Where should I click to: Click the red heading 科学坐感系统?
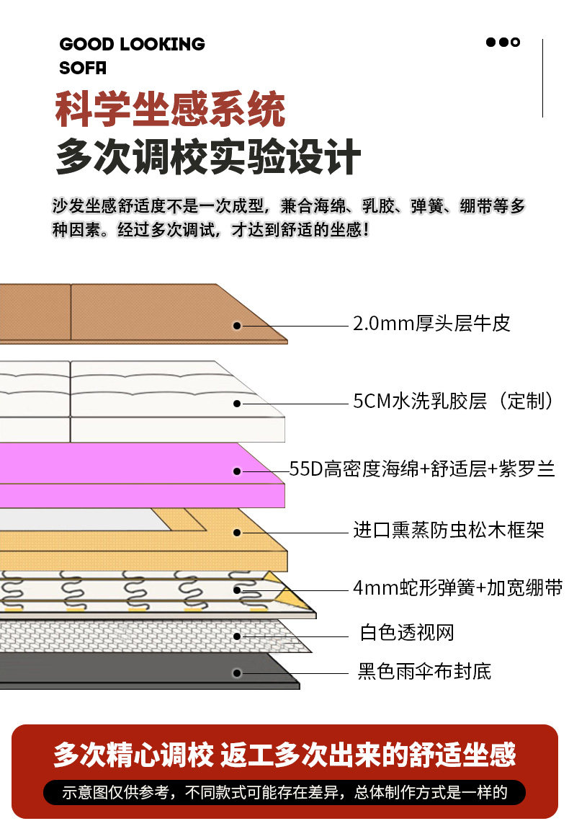point(171,110)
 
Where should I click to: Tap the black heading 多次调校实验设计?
point(208,157)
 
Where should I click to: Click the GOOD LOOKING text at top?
point(132,45)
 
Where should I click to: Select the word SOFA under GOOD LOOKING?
point(83,68)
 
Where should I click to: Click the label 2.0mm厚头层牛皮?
point(431,324)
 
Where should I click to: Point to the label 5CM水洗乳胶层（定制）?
point(454,401)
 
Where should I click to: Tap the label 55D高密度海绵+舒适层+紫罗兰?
point(422,470)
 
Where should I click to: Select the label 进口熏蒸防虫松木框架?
point(448,531)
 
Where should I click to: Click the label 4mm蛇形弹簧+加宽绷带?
point(457,588)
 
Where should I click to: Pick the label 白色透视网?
point(407,634)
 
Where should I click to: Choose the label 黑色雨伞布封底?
point(425,672)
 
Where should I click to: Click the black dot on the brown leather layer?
point(237,326)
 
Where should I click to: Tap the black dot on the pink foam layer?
point(237,471)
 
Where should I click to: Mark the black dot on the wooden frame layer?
point(237,533)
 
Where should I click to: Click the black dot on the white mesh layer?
point(237,636)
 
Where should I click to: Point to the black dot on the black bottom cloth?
point(237,673)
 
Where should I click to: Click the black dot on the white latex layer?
point(237,404)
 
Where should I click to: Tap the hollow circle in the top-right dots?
point(515,42)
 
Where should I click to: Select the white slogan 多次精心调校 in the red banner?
point(133,755)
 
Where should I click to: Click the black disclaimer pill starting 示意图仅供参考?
point(284,793)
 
